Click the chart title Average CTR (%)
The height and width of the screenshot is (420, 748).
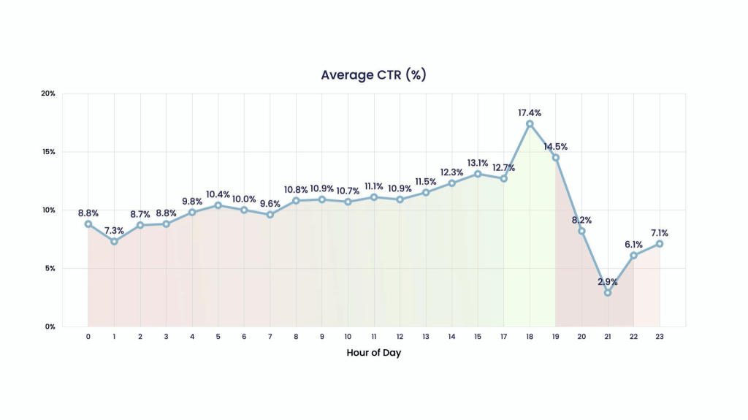(373, 75)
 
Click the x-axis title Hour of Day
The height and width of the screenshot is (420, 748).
(373, 353)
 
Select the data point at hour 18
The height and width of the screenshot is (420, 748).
(530, 123)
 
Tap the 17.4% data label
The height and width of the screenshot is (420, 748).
(530, 112)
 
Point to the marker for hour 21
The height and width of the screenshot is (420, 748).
(608, 293)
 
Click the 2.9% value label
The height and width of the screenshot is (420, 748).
(608, 281)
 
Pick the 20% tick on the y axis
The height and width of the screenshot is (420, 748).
(49, 93)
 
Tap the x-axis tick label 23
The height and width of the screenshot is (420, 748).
(660, 337)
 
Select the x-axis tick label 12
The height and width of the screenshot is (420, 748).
(400, 337)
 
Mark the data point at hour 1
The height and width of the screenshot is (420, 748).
(114, 241)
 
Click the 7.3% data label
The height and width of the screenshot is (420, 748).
(114, 230)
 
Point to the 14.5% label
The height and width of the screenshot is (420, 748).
(556, 146)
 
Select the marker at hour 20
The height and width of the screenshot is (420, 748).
(581, 231)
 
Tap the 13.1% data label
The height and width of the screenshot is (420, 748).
(478, 162)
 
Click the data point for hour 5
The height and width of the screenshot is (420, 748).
(218, 205)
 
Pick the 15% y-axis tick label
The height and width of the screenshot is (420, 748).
(50, 152)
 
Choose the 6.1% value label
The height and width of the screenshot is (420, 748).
(633, 244)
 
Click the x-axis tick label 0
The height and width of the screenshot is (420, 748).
(88, 337)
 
